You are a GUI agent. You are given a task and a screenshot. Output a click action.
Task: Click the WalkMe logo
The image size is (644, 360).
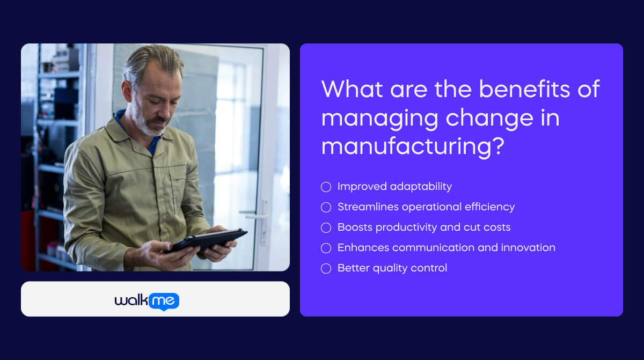147,301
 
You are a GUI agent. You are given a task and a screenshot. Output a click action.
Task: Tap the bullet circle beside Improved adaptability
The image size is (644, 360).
326,187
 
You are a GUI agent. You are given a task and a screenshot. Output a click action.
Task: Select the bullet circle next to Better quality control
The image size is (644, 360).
326,268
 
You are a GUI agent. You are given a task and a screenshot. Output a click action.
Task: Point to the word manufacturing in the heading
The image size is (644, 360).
405,146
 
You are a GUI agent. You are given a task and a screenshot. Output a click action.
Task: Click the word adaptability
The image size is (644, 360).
421,187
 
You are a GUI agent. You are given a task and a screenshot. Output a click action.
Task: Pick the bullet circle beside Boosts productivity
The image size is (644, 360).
326,227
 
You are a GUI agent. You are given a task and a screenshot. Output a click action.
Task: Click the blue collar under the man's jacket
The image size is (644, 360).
119,116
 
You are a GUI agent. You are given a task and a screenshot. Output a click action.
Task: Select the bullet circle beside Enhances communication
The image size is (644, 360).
326,248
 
